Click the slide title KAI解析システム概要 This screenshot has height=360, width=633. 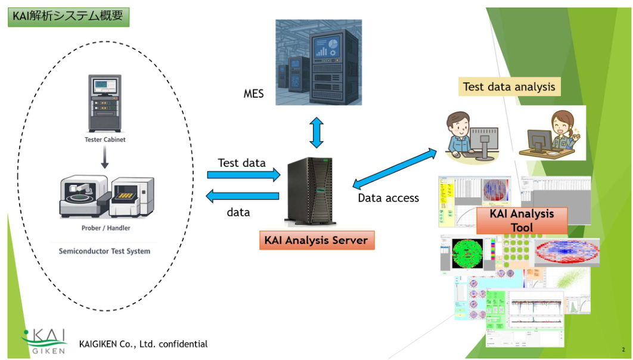(x=68, y=16)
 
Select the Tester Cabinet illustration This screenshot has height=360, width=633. (x=105, y=103)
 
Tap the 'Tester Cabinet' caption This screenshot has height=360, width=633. (x=105, y=140)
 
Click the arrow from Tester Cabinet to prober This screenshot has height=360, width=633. (x=105, y=157)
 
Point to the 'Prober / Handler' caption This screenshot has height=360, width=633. (x=105, y=228)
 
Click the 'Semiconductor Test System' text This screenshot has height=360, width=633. (x=104, y=251)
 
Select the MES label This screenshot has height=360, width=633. (x=253, y=94)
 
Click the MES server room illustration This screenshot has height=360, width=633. (x=318, y=62)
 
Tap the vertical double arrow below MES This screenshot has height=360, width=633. (x=316, y=132)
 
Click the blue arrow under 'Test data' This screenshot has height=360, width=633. (x=243, y=175)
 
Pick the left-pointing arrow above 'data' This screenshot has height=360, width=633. (x=243, y=196)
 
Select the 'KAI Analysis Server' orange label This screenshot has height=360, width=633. (x=316, y=240)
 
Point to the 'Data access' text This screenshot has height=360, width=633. (x=388, y=198)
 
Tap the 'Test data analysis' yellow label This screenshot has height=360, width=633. (x=509, y=86)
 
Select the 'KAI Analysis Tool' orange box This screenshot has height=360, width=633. (x=522, y=221)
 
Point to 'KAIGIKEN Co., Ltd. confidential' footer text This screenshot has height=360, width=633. (x=143, y=344)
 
